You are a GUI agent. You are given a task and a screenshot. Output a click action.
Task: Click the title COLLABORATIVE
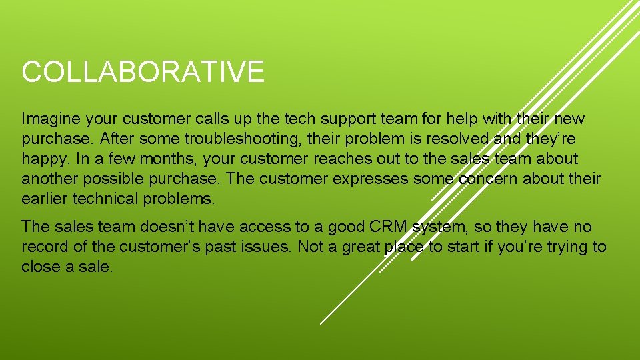tap(143, 72)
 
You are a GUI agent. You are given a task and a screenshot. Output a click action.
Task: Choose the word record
tap(45, 247)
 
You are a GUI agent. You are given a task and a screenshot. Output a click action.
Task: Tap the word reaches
tap(347, 159)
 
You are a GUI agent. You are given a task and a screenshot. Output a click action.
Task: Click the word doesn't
tap(159, 227)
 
